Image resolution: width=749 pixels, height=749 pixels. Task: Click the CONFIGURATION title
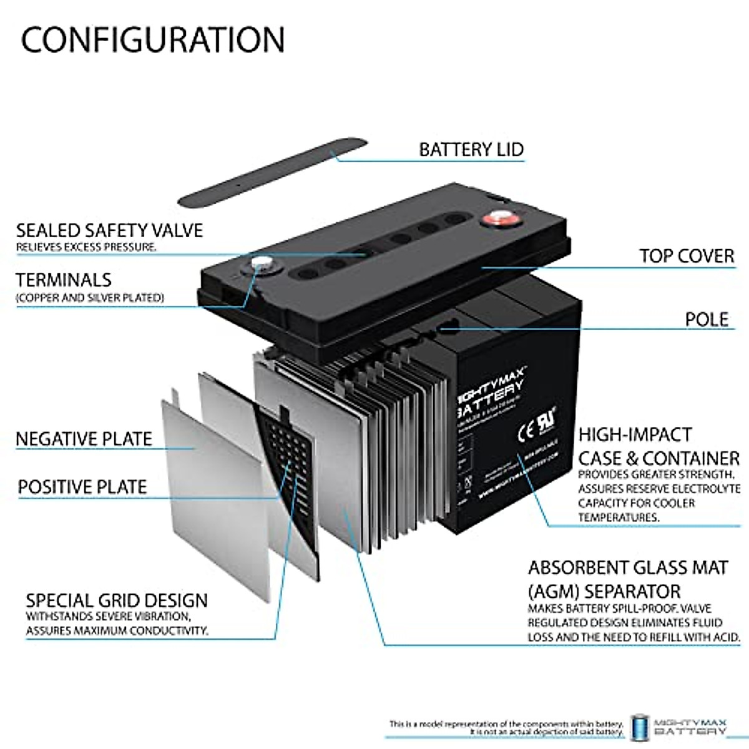pyautogui.click(x=153, y=39)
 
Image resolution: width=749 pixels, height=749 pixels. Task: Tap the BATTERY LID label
pyautogui.click(x=471, y=150)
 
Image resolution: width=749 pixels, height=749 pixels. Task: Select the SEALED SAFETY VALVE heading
pyautogui.click(x=110, y=230)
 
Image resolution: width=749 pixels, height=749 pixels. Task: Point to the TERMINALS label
pyautogui.click(x=64, y=280)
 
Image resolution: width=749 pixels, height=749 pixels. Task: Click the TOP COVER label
pyautogui.click(x=687, y=256)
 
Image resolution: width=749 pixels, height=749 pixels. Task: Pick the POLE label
pyautogui.click(x=707, y=319)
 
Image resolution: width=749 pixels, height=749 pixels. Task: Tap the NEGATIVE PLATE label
pyautogui.click(x=84, y=439)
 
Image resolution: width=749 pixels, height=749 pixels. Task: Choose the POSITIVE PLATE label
pyautogui.click(x=82, y=487)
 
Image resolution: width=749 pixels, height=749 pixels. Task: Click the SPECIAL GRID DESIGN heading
pyautogui.click(x=117, y=601)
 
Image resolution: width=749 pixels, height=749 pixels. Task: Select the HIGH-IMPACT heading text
pyautogui.click(x=635, y=434)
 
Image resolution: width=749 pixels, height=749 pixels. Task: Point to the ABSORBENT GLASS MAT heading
pyautogui.click(x=628, y=568)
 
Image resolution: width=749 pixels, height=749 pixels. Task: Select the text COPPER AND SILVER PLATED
pyautogui.click(x=91, y=298)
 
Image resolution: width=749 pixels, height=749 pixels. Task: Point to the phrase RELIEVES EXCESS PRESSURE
pyautogui.click(x=86, y=247)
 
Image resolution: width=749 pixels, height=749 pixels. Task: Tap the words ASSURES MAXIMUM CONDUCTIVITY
pyautogui.click(x=117, y=630)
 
